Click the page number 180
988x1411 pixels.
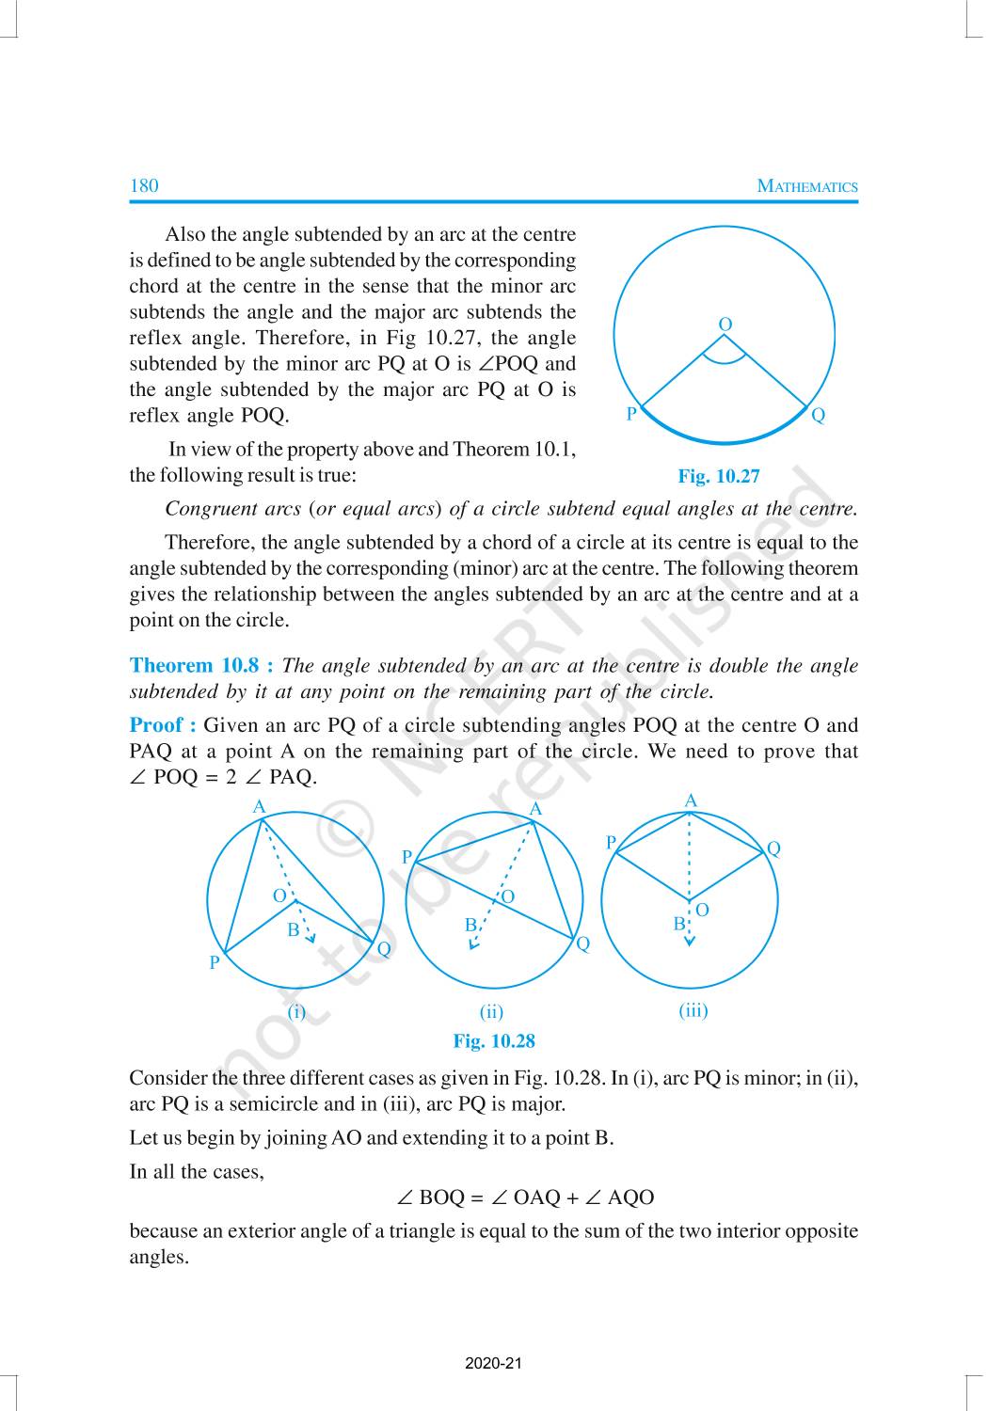tap(144, 185)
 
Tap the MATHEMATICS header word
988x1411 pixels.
tap(807, 186)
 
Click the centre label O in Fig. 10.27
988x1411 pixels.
tap(725, 325)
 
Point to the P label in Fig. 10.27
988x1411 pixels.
tap(631, 414)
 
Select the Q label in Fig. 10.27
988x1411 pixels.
tap(818, 415)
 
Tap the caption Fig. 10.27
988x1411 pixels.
tap(718, 477)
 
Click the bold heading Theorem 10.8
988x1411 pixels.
tap(200, 666)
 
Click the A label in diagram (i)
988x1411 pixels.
tap(259, 807)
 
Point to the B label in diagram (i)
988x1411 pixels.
tap(293, 930)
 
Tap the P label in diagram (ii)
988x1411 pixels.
tap(406, 857)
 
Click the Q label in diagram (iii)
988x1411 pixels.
tap(773, 848)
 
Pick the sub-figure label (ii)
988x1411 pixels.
tap(491, 1012)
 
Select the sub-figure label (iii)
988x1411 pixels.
tap(693, 1010)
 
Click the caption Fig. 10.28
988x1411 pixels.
tap(493, 1041)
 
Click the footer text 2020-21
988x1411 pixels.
tap(493, 1364)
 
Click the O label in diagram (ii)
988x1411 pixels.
tap(508, 896)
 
